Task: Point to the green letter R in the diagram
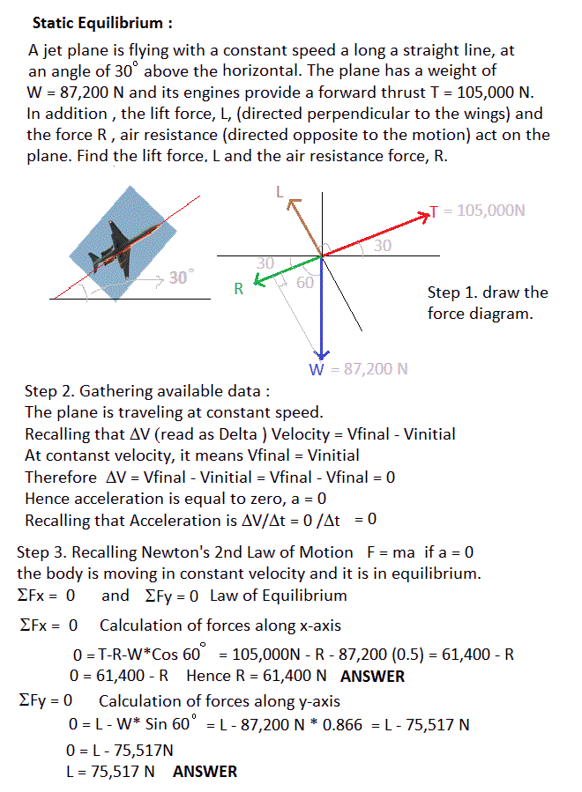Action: [238, 287]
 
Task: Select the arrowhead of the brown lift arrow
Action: [292, 204]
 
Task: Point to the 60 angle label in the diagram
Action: [305, 283]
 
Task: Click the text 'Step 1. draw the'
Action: [488, 292]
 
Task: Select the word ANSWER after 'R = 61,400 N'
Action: [372, 677]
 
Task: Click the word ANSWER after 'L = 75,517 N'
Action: [205, 772]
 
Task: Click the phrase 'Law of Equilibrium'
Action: [279, 596]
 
